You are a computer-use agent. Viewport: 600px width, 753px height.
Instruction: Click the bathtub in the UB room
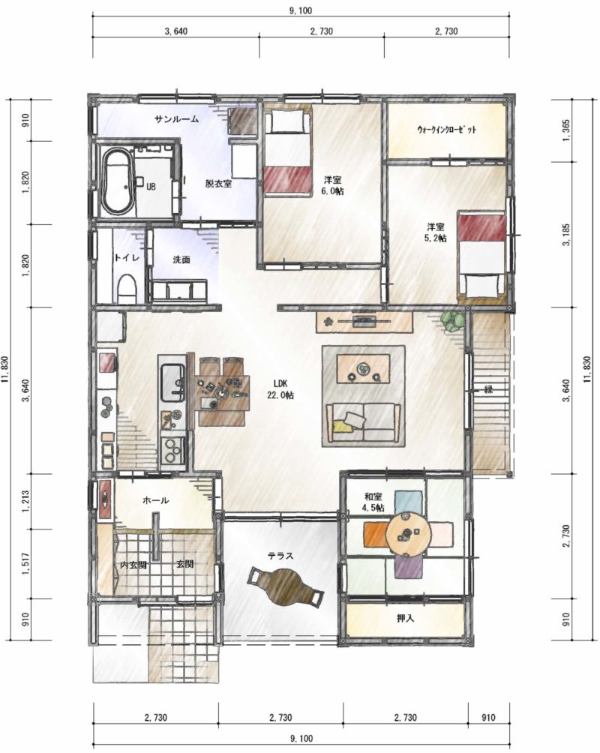point(117,181)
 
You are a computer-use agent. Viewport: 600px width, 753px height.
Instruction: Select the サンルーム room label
point(176,119)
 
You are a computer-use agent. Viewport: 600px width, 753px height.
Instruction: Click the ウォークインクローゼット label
point(447,129)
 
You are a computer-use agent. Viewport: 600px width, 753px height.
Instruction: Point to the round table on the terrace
point(284,586)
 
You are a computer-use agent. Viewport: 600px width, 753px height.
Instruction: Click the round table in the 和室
point(407,533)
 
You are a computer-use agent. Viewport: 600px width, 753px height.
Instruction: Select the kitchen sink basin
point(172,382)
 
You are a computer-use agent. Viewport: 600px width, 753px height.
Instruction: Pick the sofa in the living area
point(363,422)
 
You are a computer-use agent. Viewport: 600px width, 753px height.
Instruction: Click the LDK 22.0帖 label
point(280,389)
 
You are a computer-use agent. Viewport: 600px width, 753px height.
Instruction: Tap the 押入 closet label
point(405,619)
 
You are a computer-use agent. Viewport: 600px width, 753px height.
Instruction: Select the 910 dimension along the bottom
point(488,718)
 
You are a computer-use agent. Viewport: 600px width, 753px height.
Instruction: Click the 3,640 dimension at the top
point(175,31)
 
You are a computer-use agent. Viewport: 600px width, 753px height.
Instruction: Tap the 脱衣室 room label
point(218,184)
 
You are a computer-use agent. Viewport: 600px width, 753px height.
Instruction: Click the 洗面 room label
point(181,259)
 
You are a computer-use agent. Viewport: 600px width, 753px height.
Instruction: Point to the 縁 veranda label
point(488,389)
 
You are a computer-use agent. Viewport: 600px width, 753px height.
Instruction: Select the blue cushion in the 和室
point(409,502)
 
